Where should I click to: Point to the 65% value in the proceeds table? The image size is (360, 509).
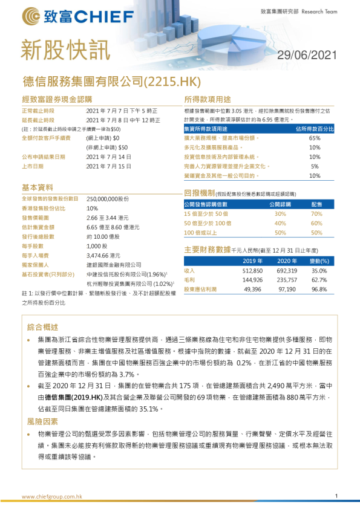(x=315, y=138)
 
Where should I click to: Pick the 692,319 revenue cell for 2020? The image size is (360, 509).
(x=287, y=271)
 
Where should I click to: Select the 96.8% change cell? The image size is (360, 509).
(x=319, y=290)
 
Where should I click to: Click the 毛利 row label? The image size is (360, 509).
(x=189, y=280)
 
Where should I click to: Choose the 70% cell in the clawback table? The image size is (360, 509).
(x=316, y=214)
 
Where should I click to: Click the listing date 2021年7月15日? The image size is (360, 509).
(x=109, y=166)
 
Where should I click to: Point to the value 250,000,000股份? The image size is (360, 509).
(x=108, y=198)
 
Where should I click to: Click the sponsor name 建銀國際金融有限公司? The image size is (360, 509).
(x=114, y=265)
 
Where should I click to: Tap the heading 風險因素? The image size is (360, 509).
(x=43, y=421)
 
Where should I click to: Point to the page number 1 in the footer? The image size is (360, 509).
(x=336, y=496)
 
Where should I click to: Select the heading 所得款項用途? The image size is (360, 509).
(x=208, y=99)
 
